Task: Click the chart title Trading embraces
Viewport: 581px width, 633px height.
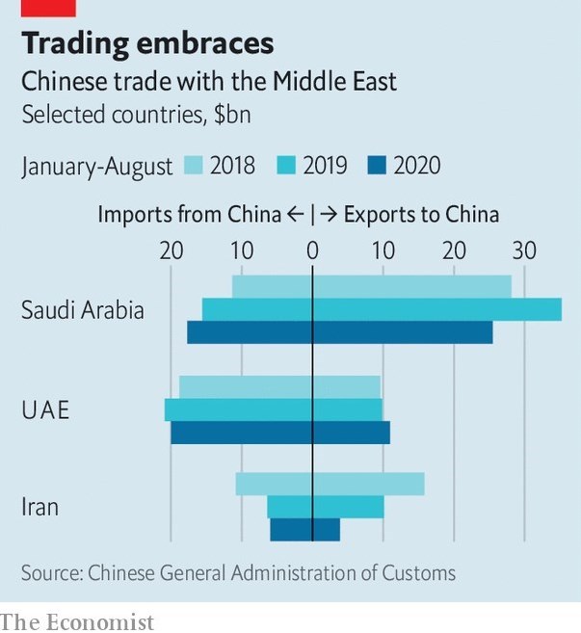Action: pos(147,43)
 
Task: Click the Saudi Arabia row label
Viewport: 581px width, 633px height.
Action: pos(83,310)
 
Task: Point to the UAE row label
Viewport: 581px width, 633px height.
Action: pos(45,410)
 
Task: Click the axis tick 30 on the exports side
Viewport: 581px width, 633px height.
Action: pos(524,251)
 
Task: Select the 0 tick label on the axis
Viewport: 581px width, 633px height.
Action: pos(312,251)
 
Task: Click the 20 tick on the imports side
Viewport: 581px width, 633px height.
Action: pos(171,251)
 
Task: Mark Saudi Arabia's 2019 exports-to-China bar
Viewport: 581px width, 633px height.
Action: pos(437,309)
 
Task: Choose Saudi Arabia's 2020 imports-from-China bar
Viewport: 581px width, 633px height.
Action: pos(250,332)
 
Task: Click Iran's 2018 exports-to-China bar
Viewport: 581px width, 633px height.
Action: pos(368,484)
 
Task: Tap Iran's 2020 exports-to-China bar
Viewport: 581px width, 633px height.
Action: pos(327,530)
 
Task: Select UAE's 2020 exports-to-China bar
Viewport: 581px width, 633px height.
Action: pos(352,433)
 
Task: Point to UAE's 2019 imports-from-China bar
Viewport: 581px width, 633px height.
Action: pos(238,409)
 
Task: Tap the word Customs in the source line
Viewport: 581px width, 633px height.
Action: pos(420,572)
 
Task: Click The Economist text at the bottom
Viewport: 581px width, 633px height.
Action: pos(77,621)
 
